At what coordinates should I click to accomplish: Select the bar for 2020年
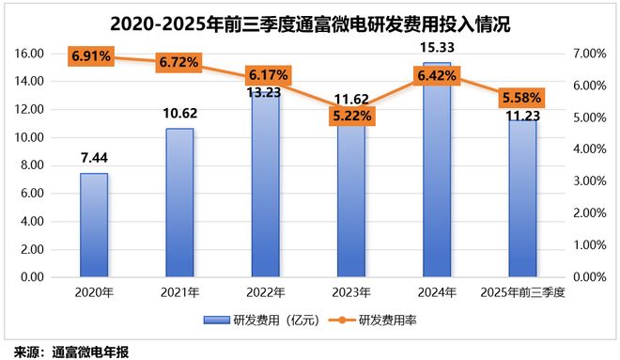[x=93, y=226]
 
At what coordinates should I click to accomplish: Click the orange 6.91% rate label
[x=91, y=56]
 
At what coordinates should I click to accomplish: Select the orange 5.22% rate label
[x=351, y=116]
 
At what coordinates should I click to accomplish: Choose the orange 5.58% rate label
[x=523, y=99]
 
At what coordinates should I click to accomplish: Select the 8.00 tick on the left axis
[x=32, y=165]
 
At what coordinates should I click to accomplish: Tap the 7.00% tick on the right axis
[x=590, y=54]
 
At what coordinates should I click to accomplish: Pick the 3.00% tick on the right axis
[x=590, y=181]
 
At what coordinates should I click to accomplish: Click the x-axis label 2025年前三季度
[x=523, y=293]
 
